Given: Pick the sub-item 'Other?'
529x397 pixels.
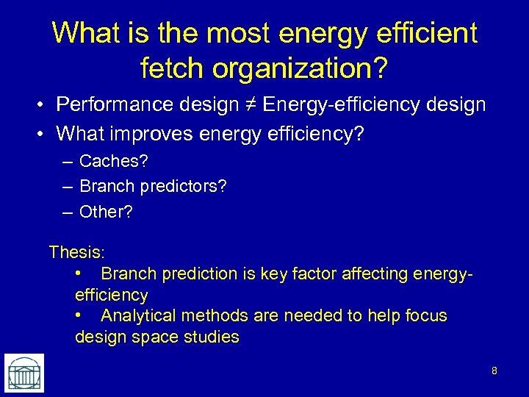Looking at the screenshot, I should [x=107, y=212].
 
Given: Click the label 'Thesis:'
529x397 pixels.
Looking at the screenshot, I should [x=76, y=252].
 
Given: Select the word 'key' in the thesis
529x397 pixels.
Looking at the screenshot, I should [x=262, y=274].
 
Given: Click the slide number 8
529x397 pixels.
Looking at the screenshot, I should [x=494, y=371].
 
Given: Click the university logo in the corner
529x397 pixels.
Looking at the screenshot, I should [x=24, y=372].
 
